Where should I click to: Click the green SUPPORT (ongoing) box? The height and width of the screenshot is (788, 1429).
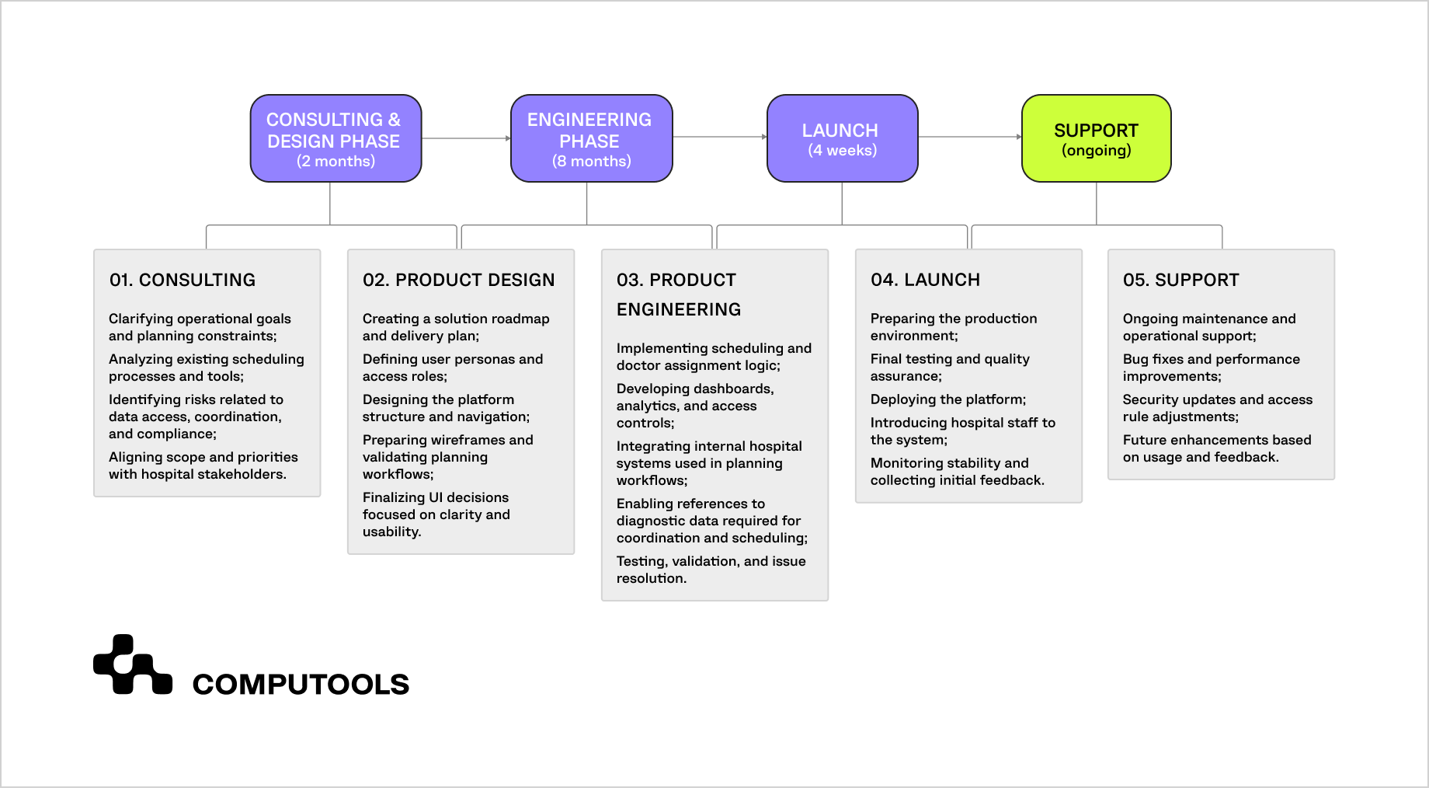click(1096, 138)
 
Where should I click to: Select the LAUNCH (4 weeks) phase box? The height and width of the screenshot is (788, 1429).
click(842, 138)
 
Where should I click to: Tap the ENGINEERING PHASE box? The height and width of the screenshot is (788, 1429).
click(591, 138)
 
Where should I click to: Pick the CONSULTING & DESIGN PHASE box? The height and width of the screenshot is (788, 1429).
click(336, 138)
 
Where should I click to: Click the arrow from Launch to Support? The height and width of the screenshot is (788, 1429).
click(969, 137)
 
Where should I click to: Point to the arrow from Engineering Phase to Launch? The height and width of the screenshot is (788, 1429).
click(719, 137)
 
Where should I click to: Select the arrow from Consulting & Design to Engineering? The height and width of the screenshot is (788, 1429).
click(465, 138)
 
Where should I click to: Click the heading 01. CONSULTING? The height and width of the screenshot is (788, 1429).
click(183, 280)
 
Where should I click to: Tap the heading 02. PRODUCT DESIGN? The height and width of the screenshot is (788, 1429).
click(458, 280)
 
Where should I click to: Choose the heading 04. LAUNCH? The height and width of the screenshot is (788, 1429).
click(925, 280)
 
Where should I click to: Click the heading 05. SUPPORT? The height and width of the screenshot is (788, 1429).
click(1180, 280)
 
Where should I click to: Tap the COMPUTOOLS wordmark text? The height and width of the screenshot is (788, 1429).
click(301, 685)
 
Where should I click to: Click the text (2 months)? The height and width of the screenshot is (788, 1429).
click(336, 162)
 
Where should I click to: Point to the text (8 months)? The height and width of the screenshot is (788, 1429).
click(591, 162)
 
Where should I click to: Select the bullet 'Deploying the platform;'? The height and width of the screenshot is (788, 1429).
click(947, 399)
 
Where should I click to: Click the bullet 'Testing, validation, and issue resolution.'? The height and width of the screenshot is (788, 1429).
click(711, 570)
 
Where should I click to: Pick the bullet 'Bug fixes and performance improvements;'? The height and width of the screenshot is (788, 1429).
click(1211, 368)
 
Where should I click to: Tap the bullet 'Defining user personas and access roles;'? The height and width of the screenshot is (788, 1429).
click(452, 368)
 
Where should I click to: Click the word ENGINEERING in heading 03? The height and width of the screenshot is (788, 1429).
click(679, 309)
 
